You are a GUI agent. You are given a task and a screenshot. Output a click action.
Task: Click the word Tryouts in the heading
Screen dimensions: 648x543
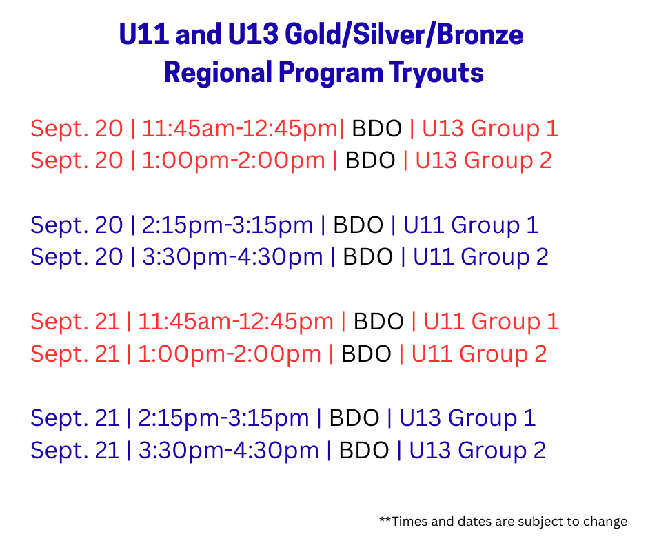(x=436, y=73)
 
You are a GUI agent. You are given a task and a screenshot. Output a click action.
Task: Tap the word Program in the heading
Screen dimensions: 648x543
(x=331, y=73)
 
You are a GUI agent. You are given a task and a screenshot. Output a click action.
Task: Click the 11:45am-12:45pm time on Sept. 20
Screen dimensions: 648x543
(x=240, y=129)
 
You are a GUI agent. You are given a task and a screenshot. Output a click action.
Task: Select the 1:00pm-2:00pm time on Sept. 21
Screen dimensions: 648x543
(x=230, y=354)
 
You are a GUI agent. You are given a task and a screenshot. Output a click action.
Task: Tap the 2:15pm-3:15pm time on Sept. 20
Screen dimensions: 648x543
(x=227, y=225)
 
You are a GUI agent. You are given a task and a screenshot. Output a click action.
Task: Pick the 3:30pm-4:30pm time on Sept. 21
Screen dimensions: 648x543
(x=229, y=451)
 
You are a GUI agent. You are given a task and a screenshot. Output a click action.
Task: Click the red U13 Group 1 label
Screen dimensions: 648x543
(x=489, y=129)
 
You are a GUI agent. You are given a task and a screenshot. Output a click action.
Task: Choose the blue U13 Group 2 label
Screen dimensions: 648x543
(x=477, y=450)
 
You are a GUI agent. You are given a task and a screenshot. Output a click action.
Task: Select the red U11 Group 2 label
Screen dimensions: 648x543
(x=479, y=354)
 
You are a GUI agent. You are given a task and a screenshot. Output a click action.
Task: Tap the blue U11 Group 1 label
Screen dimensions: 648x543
(x=471, y=225)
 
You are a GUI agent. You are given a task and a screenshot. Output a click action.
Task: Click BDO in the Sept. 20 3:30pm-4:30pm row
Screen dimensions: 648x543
(x=368, y=257)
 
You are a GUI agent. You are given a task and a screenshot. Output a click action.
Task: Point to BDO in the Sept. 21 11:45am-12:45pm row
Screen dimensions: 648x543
(x=378, y=322)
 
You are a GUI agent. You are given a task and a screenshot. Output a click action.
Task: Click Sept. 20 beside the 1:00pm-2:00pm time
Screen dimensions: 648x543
(x=77, y=161)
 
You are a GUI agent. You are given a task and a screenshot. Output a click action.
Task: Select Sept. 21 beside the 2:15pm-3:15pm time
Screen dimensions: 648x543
(x=75, y=418)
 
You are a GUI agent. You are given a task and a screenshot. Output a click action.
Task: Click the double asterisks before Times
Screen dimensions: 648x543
(x=385, y=519)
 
